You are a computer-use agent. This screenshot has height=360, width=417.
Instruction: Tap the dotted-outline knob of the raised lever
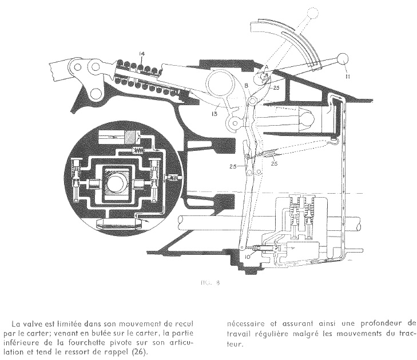[311, 11]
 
